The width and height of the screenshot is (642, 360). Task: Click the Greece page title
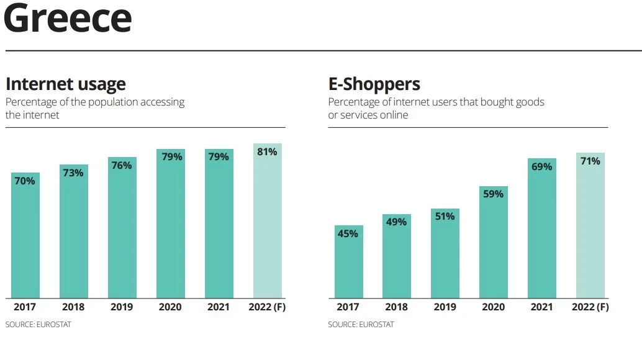tap(68, 19)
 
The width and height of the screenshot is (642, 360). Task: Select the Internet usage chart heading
tap(65, 84)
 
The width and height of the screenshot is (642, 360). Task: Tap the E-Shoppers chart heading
tap(374, 84)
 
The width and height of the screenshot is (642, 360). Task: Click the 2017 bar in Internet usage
tap(25, 236)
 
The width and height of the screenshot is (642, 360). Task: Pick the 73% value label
tap(73, 173)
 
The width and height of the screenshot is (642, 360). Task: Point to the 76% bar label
tap(122, 165)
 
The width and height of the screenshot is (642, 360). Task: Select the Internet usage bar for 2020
tap(170, 223)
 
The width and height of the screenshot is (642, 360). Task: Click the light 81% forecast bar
tap(267, 221)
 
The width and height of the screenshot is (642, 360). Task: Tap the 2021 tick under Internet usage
tap(219, 307)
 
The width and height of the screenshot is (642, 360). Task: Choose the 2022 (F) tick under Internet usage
tap(267, 307)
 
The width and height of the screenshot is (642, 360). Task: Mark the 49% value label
tap(396, 222)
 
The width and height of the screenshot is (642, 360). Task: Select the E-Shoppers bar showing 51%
tap(445, 253)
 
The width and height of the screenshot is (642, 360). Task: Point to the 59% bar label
tap(493, 194)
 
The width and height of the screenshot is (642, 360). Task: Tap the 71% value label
tap(590, 161)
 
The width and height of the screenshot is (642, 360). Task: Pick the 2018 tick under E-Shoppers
tap(396, 307)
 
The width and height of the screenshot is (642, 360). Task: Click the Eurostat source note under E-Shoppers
tap(361, 325)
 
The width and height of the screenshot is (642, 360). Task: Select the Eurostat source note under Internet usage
tap(38, 325)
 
